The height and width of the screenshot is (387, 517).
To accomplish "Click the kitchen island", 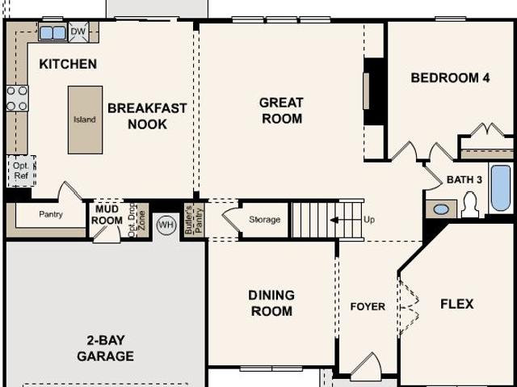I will pos(85,120).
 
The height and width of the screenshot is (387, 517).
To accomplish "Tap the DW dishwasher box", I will pos(78,32).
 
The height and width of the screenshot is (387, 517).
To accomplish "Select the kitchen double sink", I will pos(53,33).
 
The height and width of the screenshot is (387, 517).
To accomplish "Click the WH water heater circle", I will pos(166,225).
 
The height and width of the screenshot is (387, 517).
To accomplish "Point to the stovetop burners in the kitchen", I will pos(17,99).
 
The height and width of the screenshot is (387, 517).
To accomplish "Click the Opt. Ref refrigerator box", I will pos(21,170).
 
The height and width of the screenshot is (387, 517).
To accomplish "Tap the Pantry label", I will pos(51,215).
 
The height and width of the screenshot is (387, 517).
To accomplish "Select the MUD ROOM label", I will pos(107,215).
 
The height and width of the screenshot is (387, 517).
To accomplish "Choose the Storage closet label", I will pos(264,220).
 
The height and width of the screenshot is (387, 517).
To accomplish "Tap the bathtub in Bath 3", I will pos(500,187).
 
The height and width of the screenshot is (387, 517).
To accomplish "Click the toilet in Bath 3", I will pos(470,206).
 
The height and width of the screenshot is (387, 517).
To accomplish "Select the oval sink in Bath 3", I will pos(441,209).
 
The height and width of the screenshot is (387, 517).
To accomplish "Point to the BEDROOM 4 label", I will pos(450,78).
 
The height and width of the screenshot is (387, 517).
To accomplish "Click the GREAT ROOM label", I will pos(281,111).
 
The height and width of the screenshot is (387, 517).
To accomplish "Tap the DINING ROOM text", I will pos(271,303).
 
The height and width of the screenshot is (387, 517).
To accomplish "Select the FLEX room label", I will pos(457,305).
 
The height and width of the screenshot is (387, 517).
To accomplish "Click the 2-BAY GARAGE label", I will pos(106,348).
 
